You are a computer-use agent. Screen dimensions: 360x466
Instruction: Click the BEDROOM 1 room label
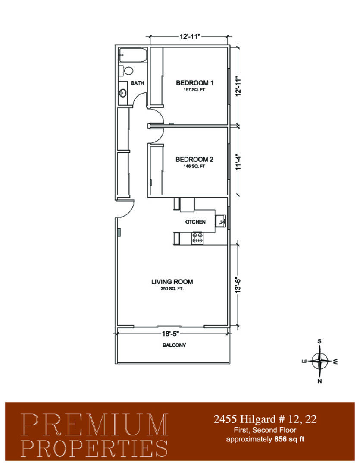(194, 82)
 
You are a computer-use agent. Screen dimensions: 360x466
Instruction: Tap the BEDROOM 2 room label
(194, 159)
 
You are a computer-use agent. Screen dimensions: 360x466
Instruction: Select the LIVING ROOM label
(172, 282)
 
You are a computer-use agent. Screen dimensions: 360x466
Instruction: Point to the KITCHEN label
(195, 222)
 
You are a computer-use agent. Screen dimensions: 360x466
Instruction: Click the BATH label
(137, 83)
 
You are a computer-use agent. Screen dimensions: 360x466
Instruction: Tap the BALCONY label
(174, 345)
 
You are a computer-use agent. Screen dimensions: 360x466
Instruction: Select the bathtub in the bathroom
(133, 55)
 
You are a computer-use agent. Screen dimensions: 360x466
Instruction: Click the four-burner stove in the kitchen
(197, 238)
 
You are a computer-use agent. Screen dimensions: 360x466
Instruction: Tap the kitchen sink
(221, 221)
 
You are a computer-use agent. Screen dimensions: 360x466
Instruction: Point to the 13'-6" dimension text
(238, 285)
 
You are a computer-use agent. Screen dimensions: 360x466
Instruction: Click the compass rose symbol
(319, 361)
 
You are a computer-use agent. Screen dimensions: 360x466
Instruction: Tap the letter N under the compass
(319, 381)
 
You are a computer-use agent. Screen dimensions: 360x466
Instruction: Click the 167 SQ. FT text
(194, 90)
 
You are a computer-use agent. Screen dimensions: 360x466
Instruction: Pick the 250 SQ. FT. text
(172, 289)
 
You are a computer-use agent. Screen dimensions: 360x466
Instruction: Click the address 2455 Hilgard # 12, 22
(265, 419)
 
